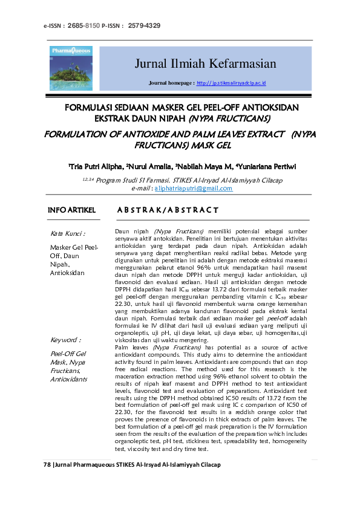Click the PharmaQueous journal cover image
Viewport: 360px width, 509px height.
tap(71, 68)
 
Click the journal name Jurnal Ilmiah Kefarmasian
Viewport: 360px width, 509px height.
tap(205, 64)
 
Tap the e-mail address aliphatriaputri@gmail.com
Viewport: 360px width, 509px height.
tap(194, 189)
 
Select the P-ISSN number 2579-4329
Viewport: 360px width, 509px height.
tap(145, 25)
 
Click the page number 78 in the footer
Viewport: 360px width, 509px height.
tap(48, 464)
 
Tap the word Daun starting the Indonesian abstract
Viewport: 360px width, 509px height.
tap(122, 232)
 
